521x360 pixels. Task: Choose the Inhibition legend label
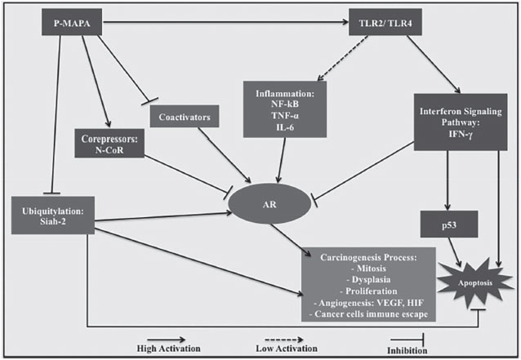pos(412,349)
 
